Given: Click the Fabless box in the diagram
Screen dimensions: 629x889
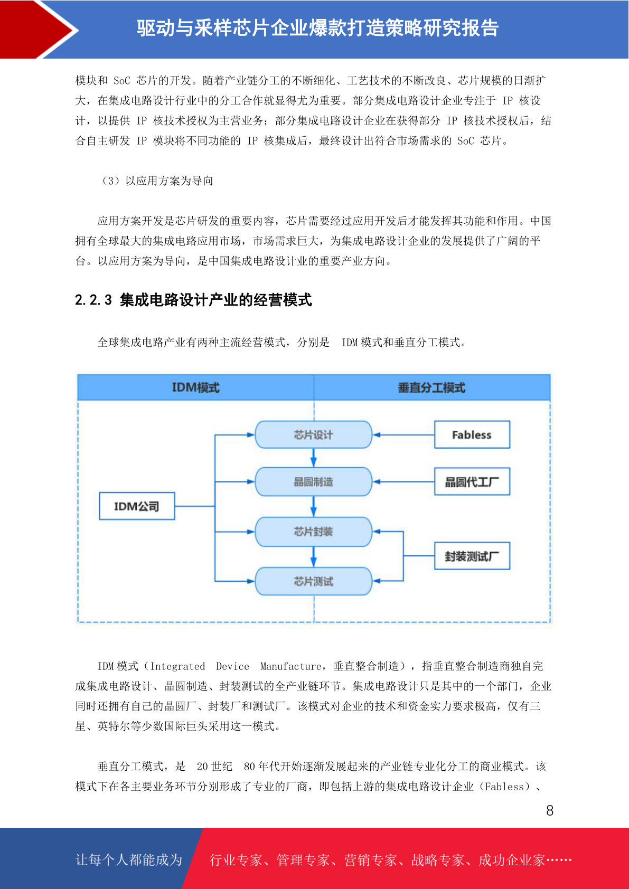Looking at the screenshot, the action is pyautogui.click(x=472, y=434).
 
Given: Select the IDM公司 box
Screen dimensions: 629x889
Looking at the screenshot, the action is pyautogui.click(x=137, y=506).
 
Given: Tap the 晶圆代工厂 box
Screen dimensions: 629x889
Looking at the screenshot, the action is pyautogui.click(x=472, y=481).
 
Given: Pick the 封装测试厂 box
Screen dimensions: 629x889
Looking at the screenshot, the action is pyautogui.click(x=472, y=556).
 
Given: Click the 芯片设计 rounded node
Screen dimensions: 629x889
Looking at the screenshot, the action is pyautogui.click(x=313, y=434).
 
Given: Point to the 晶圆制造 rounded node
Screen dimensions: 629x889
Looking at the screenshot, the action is pyautogui.click(x=313, y=481).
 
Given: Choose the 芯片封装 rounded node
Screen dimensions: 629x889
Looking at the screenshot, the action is pyautogui.click(x=313, y=532).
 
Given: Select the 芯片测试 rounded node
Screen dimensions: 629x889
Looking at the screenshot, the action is pyautogui.click(x=313, y=581).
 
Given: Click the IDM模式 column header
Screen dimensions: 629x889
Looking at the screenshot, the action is pyautogui.click(x=195, y=387).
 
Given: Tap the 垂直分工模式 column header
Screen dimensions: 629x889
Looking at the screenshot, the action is pyautogui.click(x=431, y=387).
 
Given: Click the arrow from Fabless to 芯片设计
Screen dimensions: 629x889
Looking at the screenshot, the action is pyautogui.click(x=403, y=434).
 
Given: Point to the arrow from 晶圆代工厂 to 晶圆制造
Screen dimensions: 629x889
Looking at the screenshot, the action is pyautogui.click(x=403, y=481).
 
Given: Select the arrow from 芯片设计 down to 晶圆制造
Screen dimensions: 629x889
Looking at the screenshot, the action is pyautogui.click(x=313, y=458).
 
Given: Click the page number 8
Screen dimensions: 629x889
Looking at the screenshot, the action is pyautogui.click(x=550, y=810).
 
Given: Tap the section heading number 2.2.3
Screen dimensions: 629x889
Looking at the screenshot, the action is pyautogui.click(x=93, y=300).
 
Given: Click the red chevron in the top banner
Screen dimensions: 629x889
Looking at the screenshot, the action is pyautogui.click(x=39, y=30).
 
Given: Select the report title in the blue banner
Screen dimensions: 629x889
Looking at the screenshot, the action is pyautogui.click(x=318, y=28).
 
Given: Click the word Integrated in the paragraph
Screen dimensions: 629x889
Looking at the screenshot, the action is pyautogui.click(x=177, y=666).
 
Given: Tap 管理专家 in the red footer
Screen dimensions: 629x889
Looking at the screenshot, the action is pyautogui.click(x=303, y=860).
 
